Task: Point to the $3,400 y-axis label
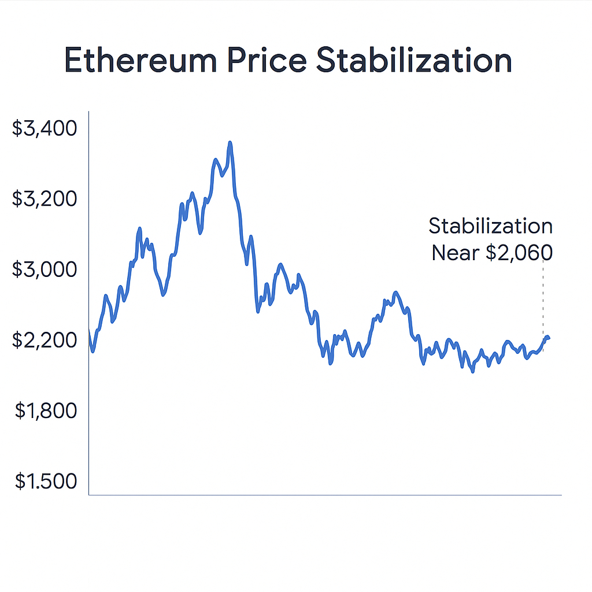coord(45,128)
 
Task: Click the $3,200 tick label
coord(45,199)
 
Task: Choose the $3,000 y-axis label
coord(45,269)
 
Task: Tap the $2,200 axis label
coord(45,340)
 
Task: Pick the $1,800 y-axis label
coord(46,410)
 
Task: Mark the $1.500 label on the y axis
coord(46,481)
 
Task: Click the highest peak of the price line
coord(230,142)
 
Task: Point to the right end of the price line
coord(548,338)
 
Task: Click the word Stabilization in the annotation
coord(490,226)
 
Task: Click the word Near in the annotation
coord(453,253)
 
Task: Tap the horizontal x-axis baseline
coord(324,495)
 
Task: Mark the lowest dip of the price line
coord(472,371)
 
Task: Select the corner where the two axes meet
coord(88,495)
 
